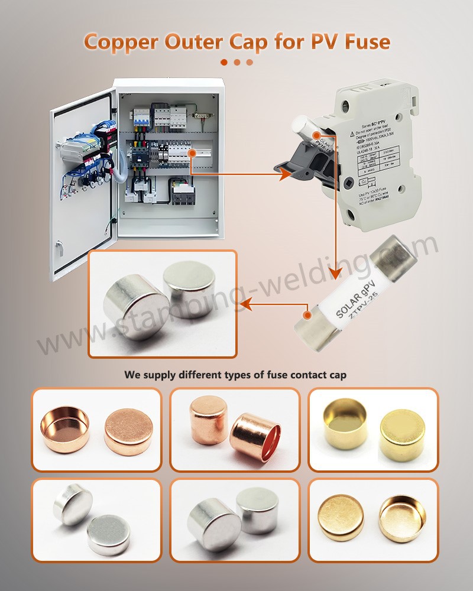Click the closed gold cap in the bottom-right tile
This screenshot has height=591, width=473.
coord(342,519)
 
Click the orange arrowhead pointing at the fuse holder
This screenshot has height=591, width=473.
coord(286,174)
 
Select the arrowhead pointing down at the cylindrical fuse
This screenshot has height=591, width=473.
coord(335,273)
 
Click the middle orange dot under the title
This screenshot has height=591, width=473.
coord(237,62)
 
